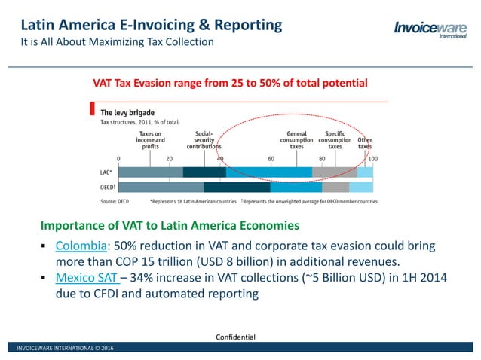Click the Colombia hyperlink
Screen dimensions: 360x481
click(78, 247)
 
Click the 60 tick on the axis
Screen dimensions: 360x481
click(271, 159)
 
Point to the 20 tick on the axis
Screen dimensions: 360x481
click(168, 159)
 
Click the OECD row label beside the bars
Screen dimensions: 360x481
click(107, 188)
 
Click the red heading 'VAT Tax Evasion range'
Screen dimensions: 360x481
click(230, 82)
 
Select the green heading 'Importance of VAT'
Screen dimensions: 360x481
click(170, 225)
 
